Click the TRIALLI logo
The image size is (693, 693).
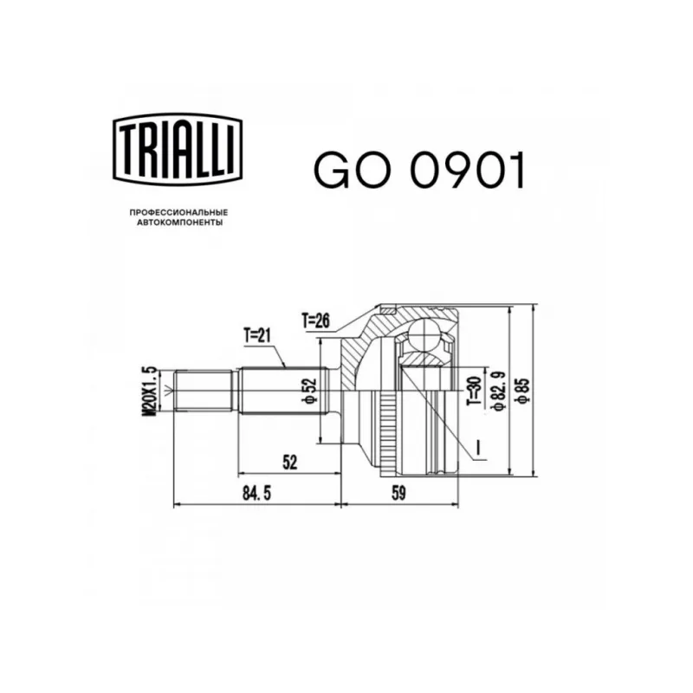(x=178, y=149)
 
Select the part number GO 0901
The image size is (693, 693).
(x=419, y=171)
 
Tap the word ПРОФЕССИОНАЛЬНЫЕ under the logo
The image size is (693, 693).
(x=178, y=212)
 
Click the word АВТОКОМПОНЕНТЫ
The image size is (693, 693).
(x=179, y=223)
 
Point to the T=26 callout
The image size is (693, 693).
(x=316, y=321)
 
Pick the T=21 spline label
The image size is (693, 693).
(x=257, y=336)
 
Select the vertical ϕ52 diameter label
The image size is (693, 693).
(x=309, y=391)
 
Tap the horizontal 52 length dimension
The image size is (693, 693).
(x=290, y=462)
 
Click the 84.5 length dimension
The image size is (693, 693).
(x=256, y=493)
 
